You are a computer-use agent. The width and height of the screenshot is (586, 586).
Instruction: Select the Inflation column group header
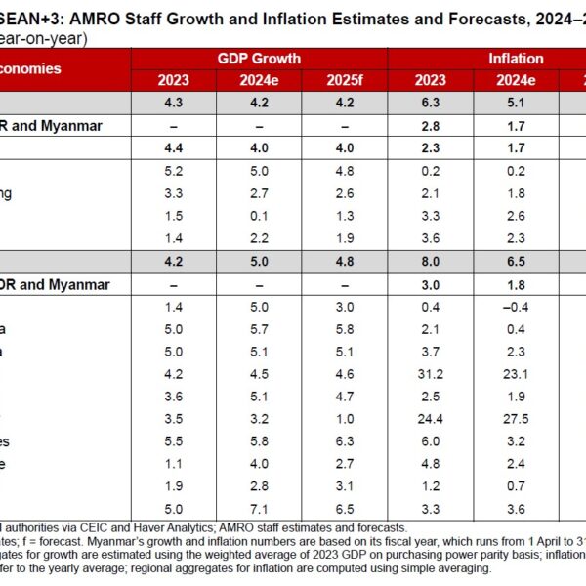(x=516, y=59)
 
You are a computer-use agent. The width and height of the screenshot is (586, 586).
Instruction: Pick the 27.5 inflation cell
(x=515, y=417)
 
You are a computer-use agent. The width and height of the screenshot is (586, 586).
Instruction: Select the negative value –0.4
(x=515, y=305)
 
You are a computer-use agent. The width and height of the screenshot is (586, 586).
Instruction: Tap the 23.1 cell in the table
(x=515, y=372)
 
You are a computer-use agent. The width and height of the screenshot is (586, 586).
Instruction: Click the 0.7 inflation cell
(x=515, y=484)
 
